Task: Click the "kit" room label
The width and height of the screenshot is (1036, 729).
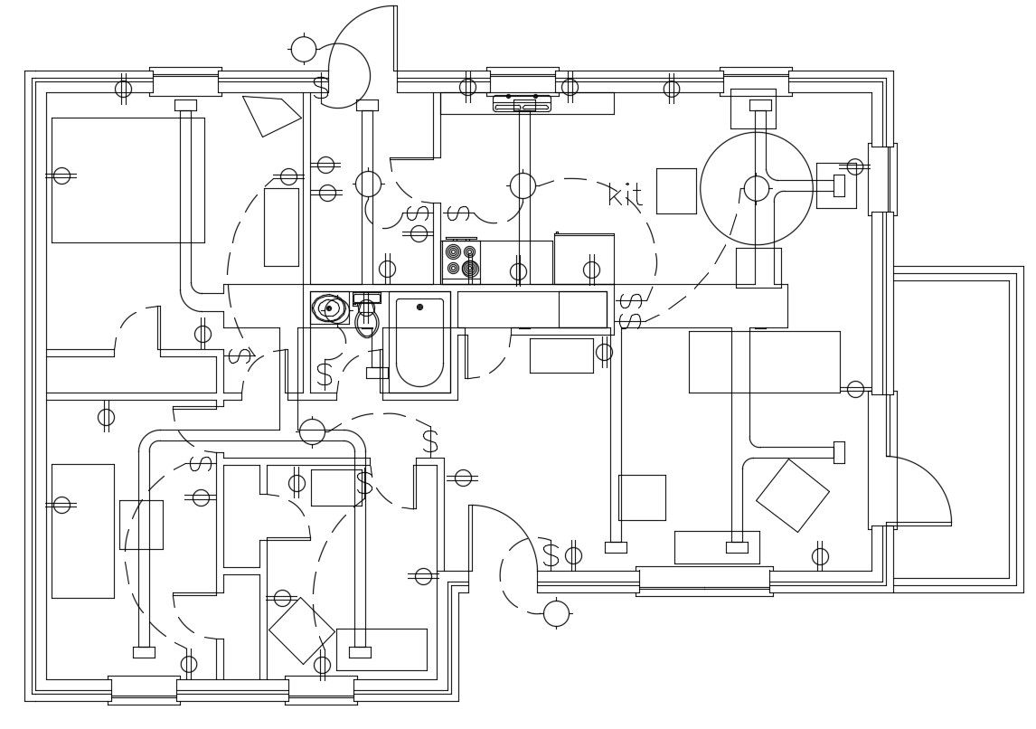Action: [x=625, y=194]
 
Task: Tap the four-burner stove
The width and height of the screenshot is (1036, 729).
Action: [x=461, y=260]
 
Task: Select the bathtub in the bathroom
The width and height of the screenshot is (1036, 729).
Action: [x=419, y=342]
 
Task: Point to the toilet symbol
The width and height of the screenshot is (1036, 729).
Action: [x=366, y=320]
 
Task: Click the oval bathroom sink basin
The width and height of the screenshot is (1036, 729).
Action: [x=329, y=308]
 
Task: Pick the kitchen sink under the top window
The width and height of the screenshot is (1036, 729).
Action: [x=522, y=103]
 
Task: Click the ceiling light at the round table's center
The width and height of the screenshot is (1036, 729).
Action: [x=757, y=188]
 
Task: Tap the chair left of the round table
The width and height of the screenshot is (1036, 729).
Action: [x=676, y=191]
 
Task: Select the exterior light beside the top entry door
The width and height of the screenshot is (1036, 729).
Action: [x=304, y=49]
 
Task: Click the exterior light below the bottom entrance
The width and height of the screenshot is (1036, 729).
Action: [x=556, y=613]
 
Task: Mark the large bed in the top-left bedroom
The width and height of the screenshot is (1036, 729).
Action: [x=127, y=180]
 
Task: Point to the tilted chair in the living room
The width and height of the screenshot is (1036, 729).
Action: [x=793, y=495]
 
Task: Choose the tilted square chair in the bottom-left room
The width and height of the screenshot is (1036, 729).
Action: [x=302, y=630]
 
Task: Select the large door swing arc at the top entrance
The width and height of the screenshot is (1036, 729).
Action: [x=362, y=36]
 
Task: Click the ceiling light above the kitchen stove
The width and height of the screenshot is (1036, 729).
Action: [x=523, y=185]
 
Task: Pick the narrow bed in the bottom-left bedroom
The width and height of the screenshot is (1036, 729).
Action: [x=82, y=531]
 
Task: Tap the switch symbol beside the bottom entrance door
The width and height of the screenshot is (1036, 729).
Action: [x=551, y=555]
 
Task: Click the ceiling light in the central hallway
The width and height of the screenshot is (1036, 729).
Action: [x=312, y=431]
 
